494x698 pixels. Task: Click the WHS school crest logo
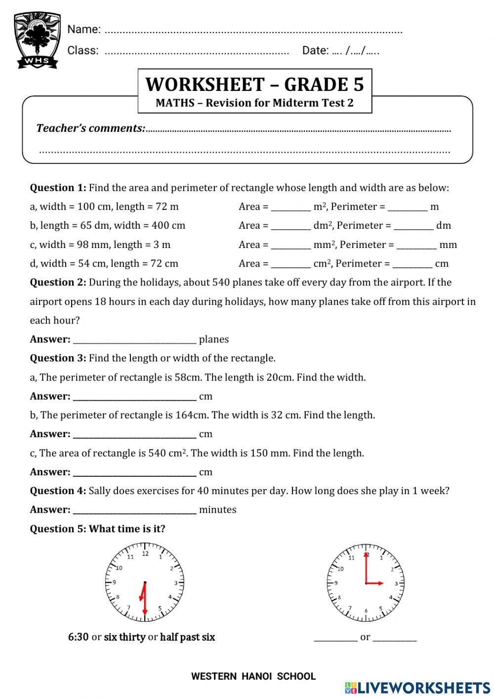(37, 40)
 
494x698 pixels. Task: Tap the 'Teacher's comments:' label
(90, 128)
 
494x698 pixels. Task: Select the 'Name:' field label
(83, 29)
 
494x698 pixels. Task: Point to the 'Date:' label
(315, 50)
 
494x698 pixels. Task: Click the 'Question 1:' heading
(58, 188)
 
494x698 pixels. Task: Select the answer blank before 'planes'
(134, 339)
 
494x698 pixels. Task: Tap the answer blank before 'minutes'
(134, 510)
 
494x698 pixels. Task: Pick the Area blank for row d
(290, 264)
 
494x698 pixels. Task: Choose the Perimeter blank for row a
(407, 207)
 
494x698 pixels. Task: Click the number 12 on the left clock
(145, 554)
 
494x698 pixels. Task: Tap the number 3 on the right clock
(396, 583)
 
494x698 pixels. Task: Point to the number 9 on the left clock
(114, 583)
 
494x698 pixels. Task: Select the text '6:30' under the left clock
(78, 637)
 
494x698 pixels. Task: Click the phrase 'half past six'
(187, 637)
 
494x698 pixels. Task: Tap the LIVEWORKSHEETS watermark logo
(417, 688)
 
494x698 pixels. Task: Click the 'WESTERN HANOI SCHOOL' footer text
(253, 676)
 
